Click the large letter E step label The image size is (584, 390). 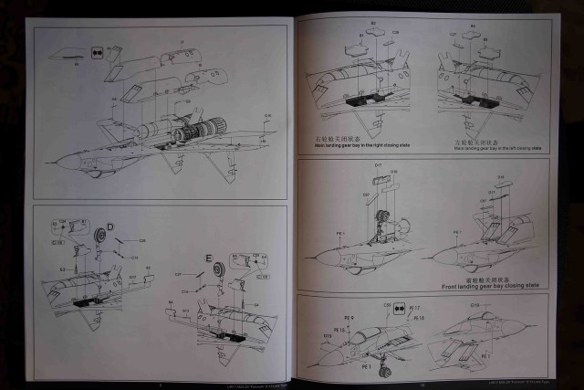click(x=208, y=257)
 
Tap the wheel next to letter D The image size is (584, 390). click(x=98, y=235)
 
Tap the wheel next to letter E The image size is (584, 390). click(x=217, y=270)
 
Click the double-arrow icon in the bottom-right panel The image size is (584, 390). click(x=400, y=311)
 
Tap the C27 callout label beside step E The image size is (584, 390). click(x=180, y=273)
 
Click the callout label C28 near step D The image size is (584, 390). click(x=141, y=239)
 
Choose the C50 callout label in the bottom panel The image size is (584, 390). click(x=387, y=305)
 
